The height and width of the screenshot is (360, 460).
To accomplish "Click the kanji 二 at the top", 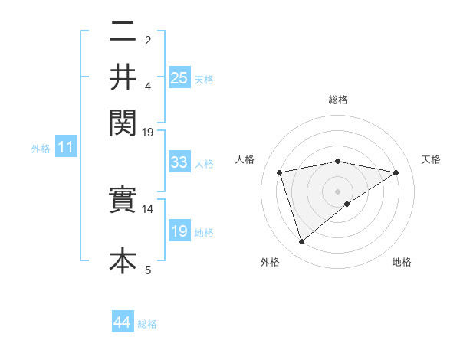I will [123, 34].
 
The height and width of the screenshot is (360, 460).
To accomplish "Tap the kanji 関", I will [123, 121].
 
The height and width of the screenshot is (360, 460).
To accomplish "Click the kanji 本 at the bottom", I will [123, 260].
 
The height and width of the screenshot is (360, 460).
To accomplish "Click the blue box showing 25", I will [179, 77].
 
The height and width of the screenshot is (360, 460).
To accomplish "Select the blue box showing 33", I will [179, 162].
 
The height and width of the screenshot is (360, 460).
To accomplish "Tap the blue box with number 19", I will [179, 231].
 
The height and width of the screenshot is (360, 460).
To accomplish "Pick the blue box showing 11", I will [65, 148].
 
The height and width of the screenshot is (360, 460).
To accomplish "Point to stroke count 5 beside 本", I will [148, 270].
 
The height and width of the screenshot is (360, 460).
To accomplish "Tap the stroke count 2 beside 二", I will [148, 40].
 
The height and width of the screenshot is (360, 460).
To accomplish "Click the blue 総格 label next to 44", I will [147, 324].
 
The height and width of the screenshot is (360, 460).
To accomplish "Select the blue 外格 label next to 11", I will [41, 149].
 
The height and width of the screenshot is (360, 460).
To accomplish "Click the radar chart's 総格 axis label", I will [337, 100].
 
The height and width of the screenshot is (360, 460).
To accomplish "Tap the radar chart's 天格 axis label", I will [431, 159].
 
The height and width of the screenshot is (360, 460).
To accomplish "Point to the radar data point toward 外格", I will [301, 242].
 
